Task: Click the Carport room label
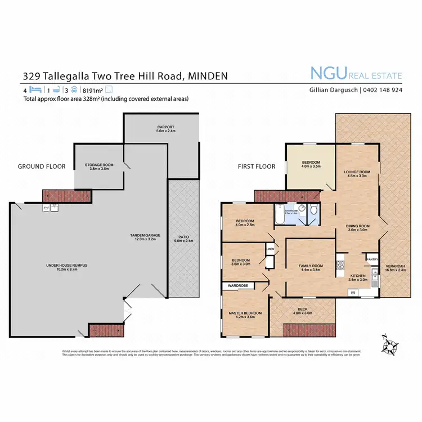click(x=166, y=129)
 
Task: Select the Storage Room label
click(x=100, y=167)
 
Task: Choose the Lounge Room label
click(x=357, y=174)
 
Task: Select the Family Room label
click(x=310, y=267)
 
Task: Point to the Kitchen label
click(x=358, y=277)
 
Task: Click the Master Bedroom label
click(x=245, y=315)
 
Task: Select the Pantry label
click(x=372, y=259)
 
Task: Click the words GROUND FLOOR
click(x=42, y=167)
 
